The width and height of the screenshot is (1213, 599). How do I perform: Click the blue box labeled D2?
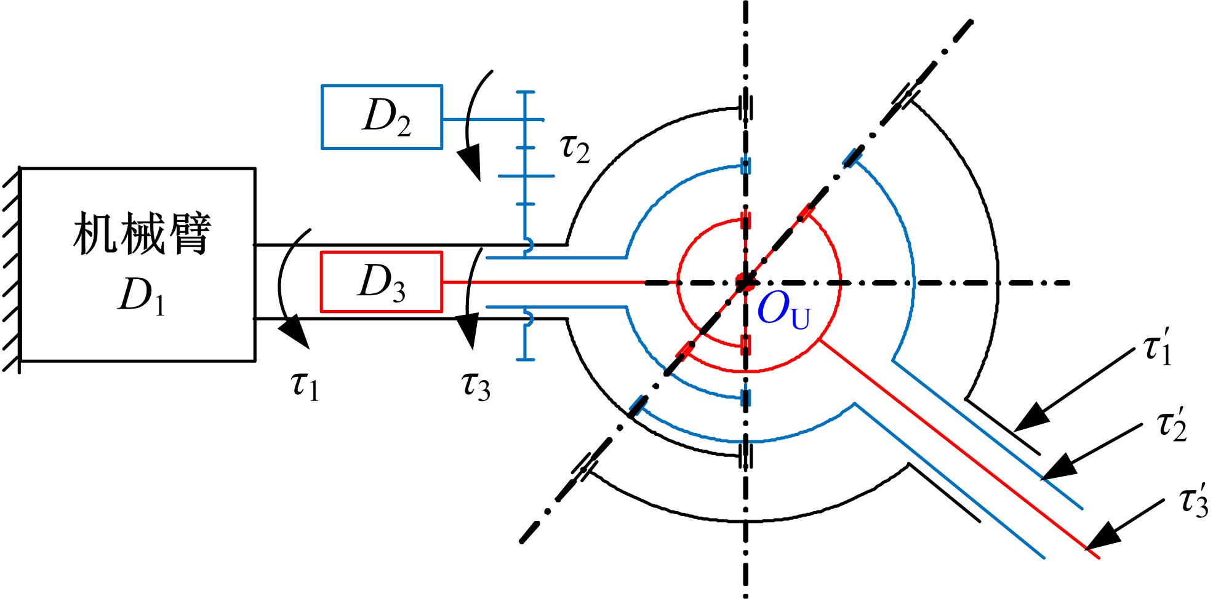pos(382,117)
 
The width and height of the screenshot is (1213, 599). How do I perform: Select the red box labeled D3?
pos(382,282)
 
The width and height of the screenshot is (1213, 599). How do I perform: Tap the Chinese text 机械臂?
pos(142,234)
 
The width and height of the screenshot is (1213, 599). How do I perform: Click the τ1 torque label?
pos(304,387)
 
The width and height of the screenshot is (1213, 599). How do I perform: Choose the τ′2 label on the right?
pos(1171,426)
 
